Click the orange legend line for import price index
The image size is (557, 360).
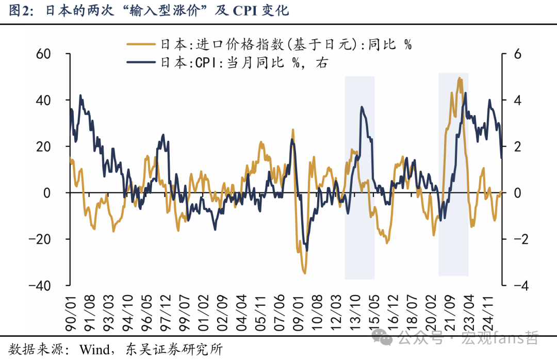[x=141, y=45]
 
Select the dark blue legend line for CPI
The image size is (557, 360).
[x=141, y=62]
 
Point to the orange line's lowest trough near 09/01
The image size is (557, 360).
[x=304, y=273]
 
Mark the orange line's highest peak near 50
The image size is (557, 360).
[x=460, y=78]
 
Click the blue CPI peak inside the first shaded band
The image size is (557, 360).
[x=362, y=107]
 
